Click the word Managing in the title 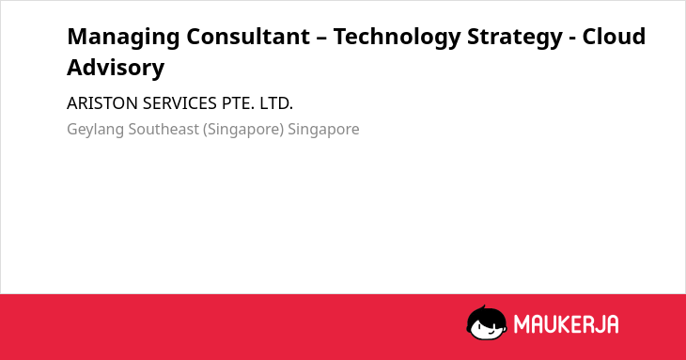pos(123,38)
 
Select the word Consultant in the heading pos(248,37)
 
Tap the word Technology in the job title pos(397,38)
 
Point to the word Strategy pos(515,38)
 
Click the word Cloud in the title pos(614,37)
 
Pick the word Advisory pos(116,69)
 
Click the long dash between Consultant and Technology pos(321,39)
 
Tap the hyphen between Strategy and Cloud pos(572,39)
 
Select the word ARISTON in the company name pos(102,103)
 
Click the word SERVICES pos(179,103)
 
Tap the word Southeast pos(164,130)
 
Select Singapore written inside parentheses pos(243,130)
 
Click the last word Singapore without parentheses pos(324,130)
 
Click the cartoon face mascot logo pos(487,322)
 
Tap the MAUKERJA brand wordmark pos(566,324)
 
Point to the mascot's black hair pos(486,314)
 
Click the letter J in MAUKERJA pos(598,324)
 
